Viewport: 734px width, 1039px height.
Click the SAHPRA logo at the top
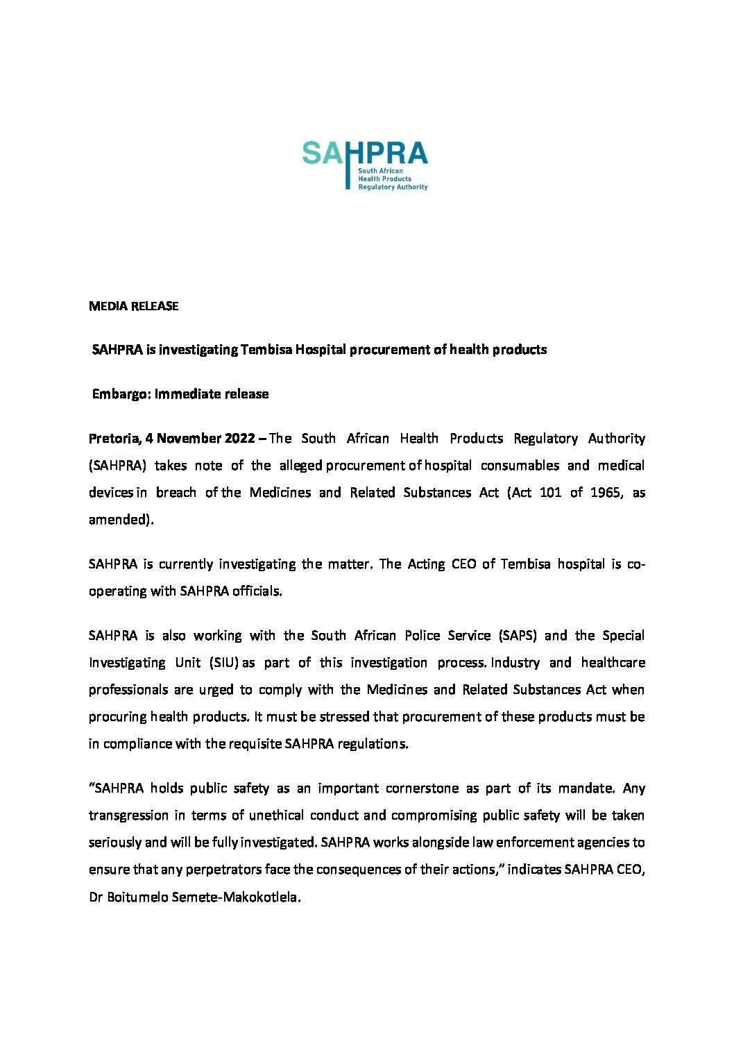click(365, 164)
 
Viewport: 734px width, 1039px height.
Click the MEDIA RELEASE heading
click(133, 306)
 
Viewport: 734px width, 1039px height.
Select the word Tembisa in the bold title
click(266, 350)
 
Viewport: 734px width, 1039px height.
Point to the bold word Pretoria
click(114, 439)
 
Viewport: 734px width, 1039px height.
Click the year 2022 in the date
click(240, 439)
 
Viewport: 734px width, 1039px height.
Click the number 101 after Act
click(550, 493)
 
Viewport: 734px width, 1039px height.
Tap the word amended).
click(121, 520)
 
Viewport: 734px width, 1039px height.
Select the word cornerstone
click(422, 788)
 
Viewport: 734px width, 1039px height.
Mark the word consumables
click(519, 466)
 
